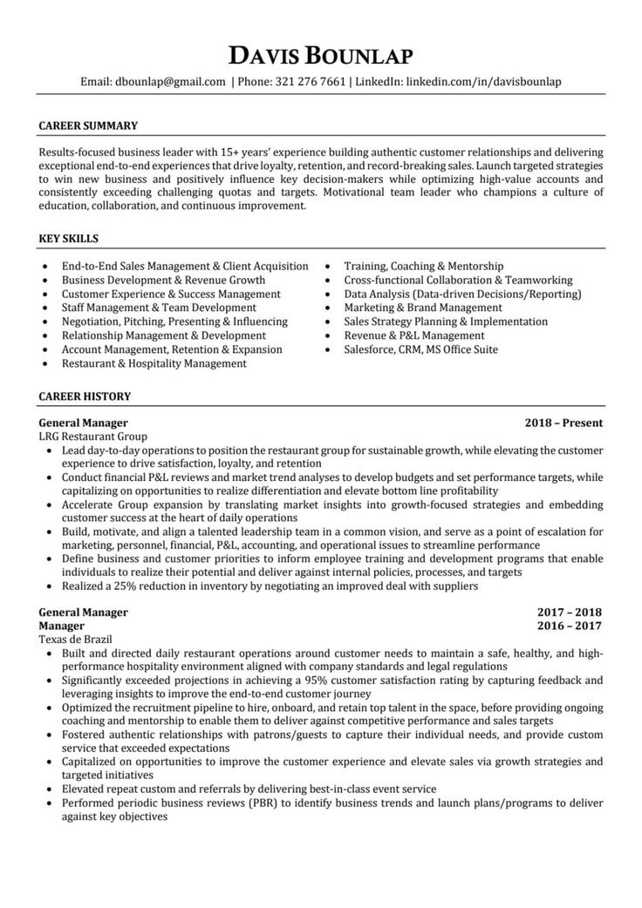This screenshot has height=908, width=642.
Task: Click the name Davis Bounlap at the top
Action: [x=320, y=57]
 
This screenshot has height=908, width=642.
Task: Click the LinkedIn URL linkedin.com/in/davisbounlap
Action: [x=482, y=82]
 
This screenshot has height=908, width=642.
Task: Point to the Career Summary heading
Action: [x=88, y=125]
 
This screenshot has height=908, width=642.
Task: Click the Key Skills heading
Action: [x=69, y=238]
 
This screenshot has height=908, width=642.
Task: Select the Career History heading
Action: [x=85, y=396]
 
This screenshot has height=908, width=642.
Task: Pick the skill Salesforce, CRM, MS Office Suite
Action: [x=420, y=349]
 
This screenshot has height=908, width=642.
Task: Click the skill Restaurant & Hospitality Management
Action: [x=154, y=363]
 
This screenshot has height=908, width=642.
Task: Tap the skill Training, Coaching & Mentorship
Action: [x=423, y=266]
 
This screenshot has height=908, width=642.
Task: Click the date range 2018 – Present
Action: [x=563, y=423]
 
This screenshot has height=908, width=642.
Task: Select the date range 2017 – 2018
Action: [x=570, y=612]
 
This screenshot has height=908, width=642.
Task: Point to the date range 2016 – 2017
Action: [x=570, y=626]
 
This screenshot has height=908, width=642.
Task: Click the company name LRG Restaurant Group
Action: [x=93, y=436]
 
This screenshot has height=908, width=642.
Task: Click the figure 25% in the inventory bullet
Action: [x=123, y=586]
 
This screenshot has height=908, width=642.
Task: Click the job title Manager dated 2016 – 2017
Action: [x=62, y=626]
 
